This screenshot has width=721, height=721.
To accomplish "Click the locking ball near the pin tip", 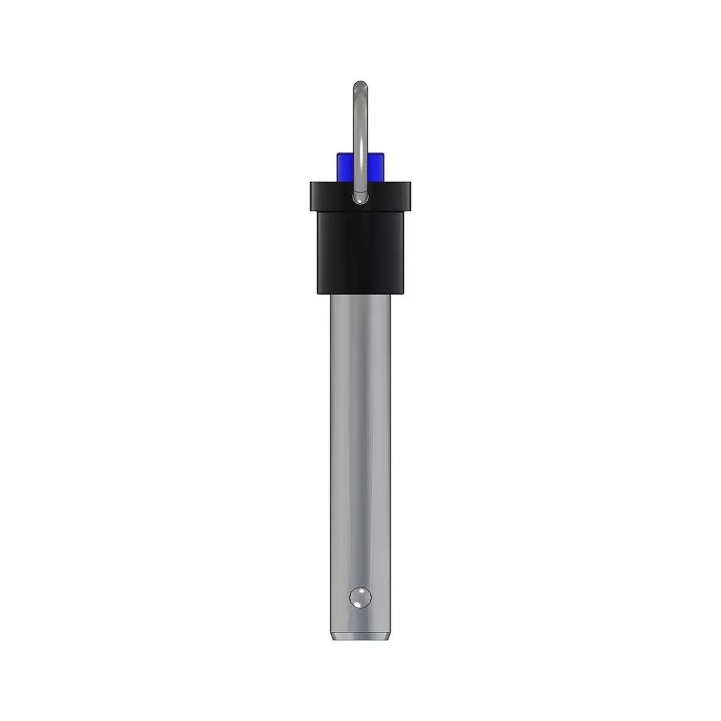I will click(x=360, y=598).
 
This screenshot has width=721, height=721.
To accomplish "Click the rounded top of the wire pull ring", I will click(x=360, y=85).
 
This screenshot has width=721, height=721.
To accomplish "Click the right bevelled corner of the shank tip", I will click(x=391, y=636).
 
